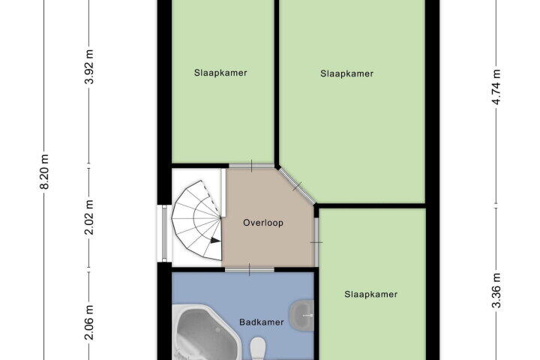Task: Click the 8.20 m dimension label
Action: click(45, 172)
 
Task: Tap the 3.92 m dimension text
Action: click(89, 67)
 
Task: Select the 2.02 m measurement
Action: click(89, 217)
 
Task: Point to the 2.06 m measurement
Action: click(89, 322)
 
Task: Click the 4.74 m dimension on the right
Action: click(496, 87)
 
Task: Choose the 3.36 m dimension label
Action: click(496, 290)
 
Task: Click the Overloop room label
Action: click(263, 223)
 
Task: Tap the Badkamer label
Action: click(262, 322)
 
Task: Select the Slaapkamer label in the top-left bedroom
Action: click(220, 73)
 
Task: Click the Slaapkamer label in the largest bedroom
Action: click(346, 73)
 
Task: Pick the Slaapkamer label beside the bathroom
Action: click(371, 294)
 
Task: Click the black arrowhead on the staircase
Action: click(215, 241)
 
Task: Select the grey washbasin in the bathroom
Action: click(302, 315)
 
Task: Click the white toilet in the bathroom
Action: click(258, 348)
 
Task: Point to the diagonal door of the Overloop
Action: click(296, 186)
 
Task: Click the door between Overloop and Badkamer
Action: click(250, 269)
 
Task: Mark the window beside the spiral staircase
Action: click(164, 233)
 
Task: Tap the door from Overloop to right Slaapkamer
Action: click(316, 242)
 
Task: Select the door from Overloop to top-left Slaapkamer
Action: click(251, 166)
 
